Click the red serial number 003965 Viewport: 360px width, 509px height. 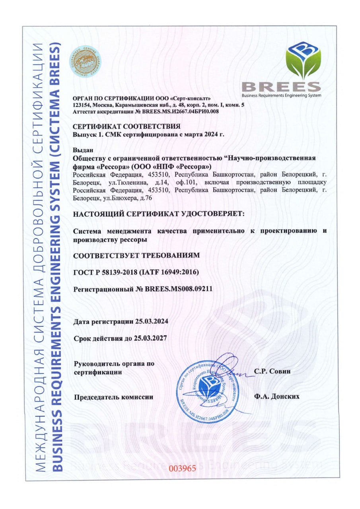click(x=182, y=468)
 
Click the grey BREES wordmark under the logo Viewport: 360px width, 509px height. click(x=281, y=86)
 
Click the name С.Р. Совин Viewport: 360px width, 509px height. click(x=272, y=371)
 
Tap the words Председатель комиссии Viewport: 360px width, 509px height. click(x=113, y=396)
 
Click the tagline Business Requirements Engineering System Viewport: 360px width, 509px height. click(x=281, y=95)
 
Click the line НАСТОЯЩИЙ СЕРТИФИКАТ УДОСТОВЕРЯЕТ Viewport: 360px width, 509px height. click(x=159, y=214)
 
